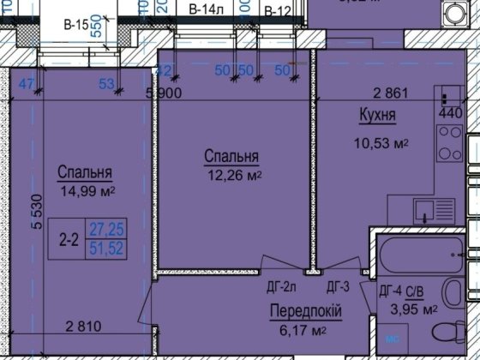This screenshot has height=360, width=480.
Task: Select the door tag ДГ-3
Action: [336, 288]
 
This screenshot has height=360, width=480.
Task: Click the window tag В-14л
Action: [207, 9]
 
